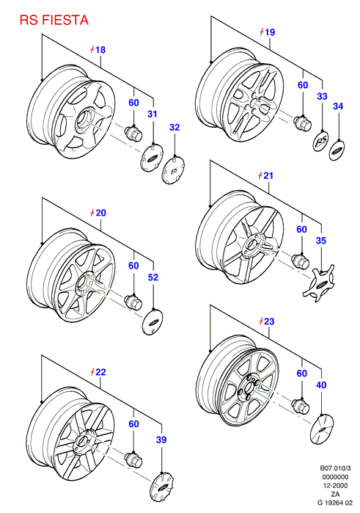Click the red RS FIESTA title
pyautogui.click(x=54, y=21)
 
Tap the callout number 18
pyautogui.click(x=100, y=50)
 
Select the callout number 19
pyautogui.click(x=270, y=32)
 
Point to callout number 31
pyautogui.click(x=153, y=114)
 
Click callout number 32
pyautogui.click(x=175, y=127)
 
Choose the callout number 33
pyautogui.click(x=322, y=96)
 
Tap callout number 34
pyautogui.click(x=338, y=106)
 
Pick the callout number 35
pyautogui.click(x=321, y=241)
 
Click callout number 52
pyautogui.click(x=153, y=277)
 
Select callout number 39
pyautogui.click(x=161, y=440)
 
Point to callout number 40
pyautogui.click(x=321, y=385)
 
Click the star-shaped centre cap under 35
pyautogui.click(x=319, y=283)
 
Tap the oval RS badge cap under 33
pyautogui.click(x=320, y=142)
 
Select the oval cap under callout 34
pyautogui.click(x=337, y=150)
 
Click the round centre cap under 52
pyautogui.click(x=153, y=321)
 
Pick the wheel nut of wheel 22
pyautogui.click(x=133, y=459)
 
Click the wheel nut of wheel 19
pyautogui.click(x=302, y=123)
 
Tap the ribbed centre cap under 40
pyautogui.click(x=321, y=429)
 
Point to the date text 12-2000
pyautogui.click(x=335, y=486)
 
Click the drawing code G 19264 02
pyautogui.click(x=335, y=503)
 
